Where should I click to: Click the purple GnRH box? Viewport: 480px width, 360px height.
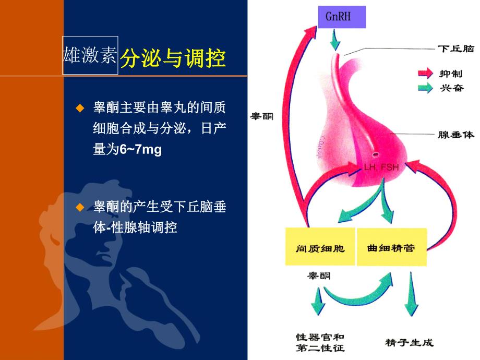click(341, 17)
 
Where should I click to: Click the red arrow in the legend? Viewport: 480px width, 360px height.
click(425, 74)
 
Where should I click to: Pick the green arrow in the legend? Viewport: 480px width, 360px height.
click(425, 88)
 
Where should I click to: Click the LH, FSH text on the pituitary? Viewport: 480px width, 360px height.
click(382, 167)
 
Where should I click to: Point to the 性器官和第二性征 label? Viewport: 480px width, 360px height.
click(320, 343)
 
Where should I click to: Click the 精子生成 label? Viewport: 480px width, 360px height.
click(410, 343)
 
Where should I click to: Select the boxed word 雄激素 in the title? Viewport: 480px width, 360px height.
click(90, 56)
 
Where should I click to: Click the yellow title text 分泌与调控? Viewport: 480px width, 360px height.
click(173, 59)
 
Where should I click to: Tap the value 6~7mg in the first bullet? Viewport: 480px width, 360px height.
click(141, 150)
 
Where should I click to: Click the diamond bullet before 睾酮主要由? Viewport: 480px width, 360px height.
click(80, 108)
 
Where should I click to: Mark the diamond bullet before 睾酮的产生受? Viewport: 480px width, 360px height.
click(80, 207)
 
